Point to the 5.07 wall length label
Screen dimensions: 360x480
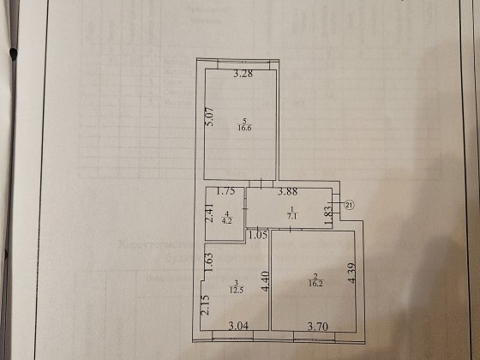tap(208, 116)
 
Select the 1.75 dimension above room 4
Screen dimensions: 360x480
tap(226, 193)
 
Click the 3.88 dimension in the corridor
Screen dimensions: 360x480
tap(288, 193)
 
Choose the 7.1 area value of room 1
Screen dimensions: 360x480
tap(291, 217)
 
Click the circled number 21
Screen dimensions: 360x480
tap(349, 204)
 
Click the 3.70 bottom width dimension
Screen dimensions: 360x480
tap(319, 326)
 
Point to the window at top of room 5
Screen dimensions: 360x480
tap(244, 64)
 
